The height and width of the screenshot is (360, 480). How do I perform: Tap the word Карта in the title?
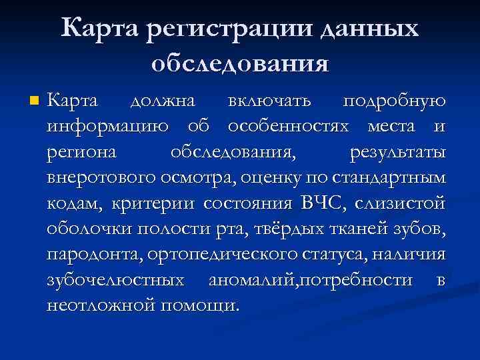105,29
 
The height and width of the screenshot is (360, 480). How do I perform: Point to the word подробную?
393,102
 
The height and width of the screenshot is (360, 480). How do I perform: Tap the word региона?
81,153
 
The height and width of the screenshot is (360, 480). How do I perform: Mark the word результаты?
397,153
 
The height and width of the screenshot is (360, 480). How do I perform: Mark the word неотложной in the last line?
98,305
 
